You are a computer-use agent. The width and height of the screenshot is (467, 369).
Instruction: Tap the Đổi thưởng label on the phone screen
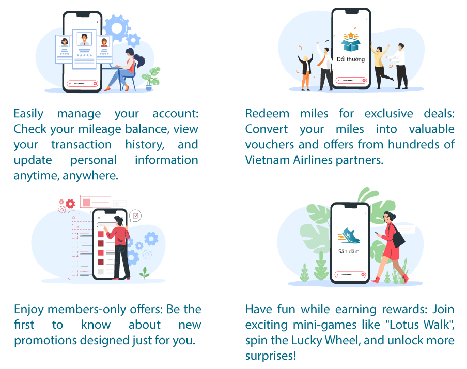coord(350,59)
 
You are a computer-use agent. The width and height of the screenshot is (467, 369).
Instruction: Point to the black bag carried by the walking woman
coord(398,239)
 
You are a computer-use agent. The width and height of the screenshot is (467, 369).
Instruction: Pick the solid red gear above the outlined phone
coord(61,202)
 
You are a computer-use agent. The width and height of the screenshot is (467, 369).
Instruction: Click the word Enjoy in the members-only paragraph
coord(29,309)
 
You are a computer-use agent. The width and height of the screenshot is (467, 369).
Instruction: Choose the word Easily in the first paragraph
coord(29,113)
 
